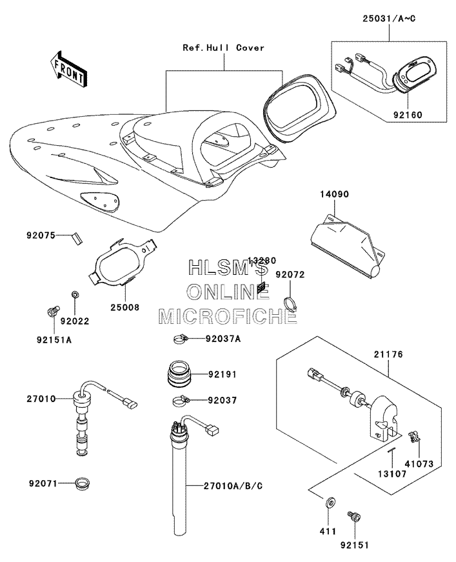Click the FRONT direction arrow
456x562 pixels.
tap(68, 69)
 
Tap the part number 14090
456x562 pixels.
tap(334, 194)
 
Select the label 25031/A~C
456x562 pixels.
tap(389, 18)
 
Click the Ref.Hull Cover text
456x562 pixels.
tap(224, 48)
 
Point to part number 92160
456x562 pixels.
tap(408, 115)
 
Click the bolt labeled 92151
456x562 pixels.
tap(354, 517)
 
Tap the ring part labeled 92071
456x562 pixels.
tap(83, 483)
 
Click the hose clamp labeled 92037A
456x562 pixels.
tap(180, 338)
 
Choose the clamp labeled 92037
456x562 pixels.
tap(180, 400)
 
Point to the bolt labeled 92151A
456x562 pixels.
tap(53, 311)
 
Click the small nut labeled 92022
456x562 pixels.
tap(75, 295)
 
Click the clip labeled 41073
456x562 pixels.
tap(415, 436)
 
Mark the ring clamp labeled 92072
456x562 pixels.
tap(290, 303)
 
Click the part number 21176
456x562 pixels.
tap(388, 354)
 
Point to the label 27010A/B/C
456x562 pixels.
tap(233, 486)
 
